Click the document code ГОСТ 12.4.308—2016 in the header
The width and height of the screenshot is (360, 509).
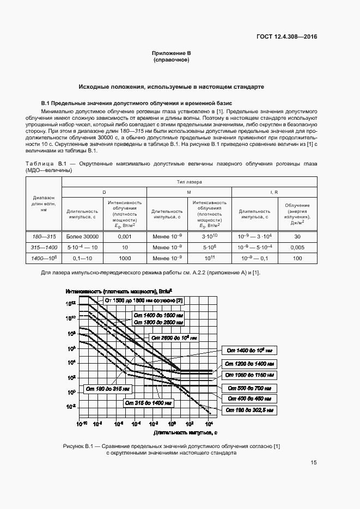pyautogui.click(x=286, y=37)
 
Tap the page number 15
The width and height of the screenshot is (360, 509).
pyautogui.click(x=313, y=463)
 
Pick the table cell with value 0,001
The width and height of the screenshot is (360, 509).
pyautogui.click(x=125, y=236)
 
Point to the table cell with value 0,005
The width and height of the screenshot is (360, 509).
pyautogui.click(x=297, y=247)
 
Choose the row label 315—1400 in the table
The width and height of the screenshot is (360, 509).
pyautogui.click(x=44, y=247)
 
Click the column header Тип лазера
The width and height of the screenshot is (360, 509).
pyautogui.click(x=189, y=182)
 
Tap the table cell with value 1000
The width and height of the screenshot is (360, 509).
pyautogui.click(x=125, y=257)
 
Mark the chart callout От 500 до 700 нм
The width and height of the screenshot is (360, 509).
pyautogui.click(x=252, y=388)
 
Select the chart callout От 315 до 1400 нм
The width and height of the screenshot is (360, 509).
pyautogui.click(x=148, y=403)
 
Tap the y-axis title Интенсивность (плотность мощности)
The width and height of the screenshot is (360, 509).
pyautogui.click(x=119, y=291)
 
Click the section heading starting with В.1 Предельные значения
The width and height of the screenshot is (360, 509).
pyautogui.click(x=137, y=103)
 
